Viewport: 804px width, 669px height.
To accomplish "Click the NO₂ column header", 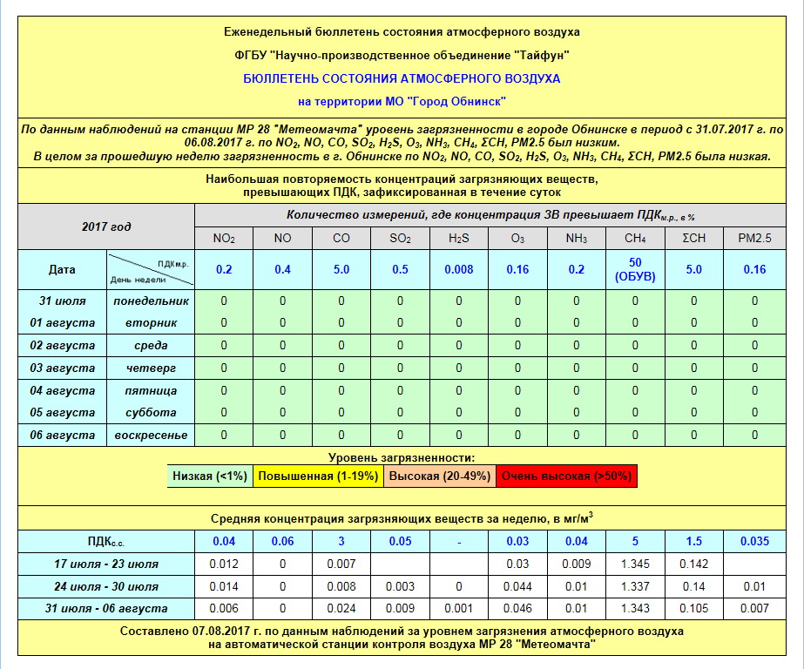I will coord(224,239).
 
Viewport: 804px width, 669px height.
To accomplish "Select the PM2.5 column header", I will coord(754,239).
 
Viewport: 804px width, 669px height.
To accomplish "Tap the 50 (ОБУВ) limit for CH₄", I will coord(635,270).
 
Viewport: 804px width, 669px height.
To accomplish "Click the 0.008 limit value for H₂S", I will coord(459,270).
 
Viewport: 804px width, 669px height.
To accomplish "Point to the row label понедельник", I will coord(152,301).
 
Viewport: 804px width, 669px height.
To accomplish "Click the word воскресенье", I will coord(152,435).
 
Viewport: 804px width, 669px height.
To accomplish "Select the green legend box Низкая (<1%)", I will coord(210,476).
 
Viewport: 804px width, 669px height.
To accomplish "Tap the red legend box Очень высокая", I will coord(567,476).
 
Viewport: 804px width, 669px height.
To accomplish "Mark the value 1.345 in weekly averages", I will coord(635,564).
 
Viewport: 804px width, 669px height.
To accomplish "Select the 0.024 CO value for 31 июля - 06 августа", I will coord(341,608).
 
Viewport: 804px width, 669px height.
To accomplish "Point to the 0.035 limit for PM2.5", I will coord(754,541).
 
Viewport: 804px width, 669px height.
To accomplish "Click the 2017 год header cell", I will coord(106,226).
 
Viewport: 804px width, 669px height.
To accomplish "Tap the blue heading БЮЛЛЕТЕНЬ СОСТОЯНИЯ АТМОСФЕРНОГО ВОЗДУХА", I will coord(402,78).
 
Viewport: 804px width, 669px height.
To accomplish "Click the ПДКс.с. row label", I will coord(106,541).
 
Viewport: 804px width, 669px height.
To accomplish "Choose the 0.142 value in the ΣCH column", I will coord(694,564).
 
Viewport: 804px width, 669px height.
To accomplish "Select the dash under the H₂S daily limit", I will coord(459,541).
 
